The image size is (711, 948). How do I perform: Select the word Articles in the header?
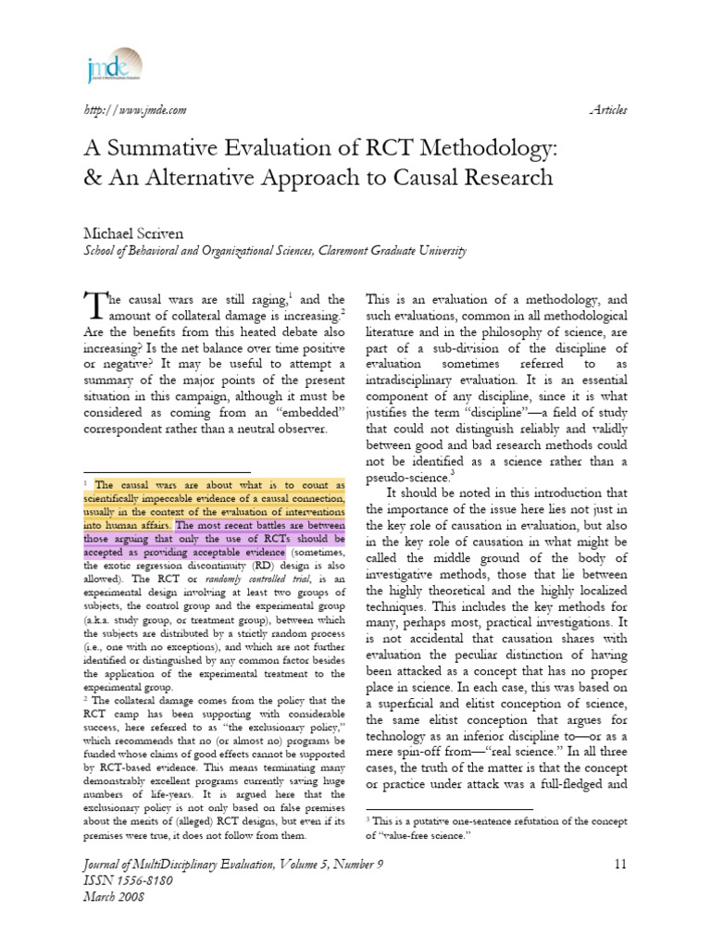607,110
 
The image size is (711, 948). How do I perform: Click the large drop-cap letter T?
95,306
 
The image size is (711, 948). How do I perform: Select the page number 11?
619,865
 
